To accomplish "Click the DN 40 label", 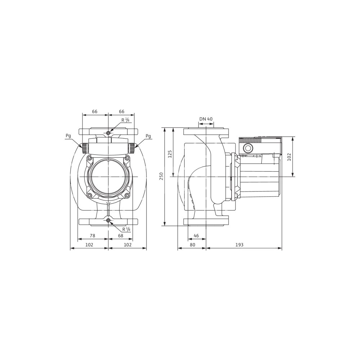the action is tap(206, 119).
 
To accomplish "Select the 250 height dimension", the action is tap(161, 176).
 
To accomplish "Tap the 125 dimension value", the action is tap(170, 154).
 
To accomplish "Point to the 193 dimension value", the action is tap(239, 245).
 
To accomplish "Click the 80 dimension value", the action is tap(192, 245).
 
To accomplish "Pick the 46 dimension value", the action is tap(196, 236).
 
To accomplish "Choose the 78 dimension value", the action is tap(92, 236).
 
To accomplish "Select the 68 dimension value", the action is tap(121, 236).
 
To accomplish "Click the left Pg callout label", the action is tap(68, 136).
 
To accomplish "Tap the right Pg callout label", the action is tap(148, 136).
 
